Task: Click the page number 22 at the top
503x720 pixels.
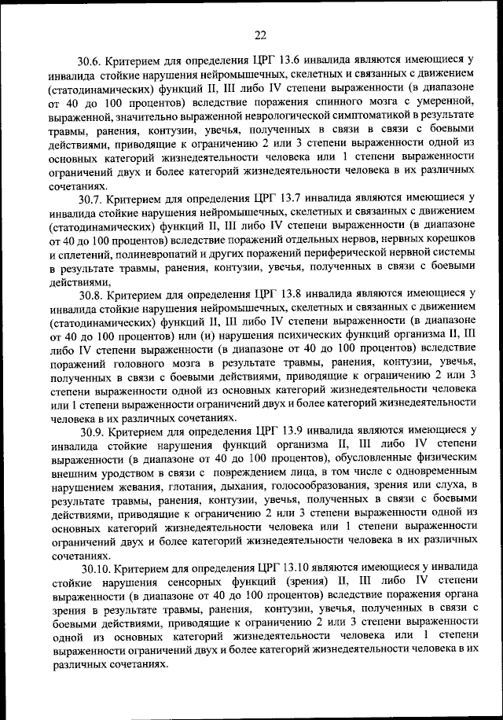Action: pyautogui.click(x=260, y=33)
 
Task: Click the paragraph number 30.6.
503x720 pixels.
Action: pyautogui.click(x=91, y=59)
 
